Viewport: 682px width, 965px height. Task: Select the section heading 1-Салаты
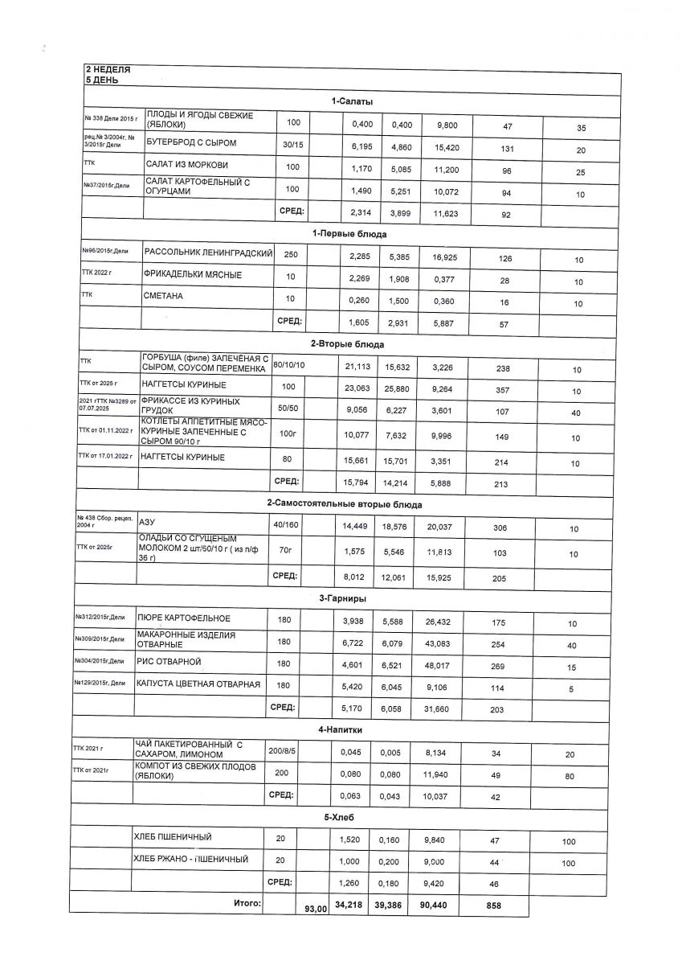click(351, 101)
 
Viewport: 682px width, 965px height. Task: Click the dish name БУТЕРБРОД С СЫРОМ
click(191, 143)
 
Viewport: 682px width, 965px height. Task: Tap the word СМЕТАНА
click(164, 297)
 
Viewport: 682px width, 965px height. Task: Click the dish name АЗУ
click(147, 521)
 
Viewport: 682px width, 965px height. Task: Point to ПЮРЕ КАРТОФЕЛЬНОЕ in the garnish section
click(185, 618)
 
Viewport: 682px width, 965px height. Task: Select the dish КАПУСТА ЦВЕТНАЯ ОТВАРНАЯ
click(198, 684)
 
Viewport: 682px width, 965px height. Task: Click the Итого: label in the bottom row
click(247, 904)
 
